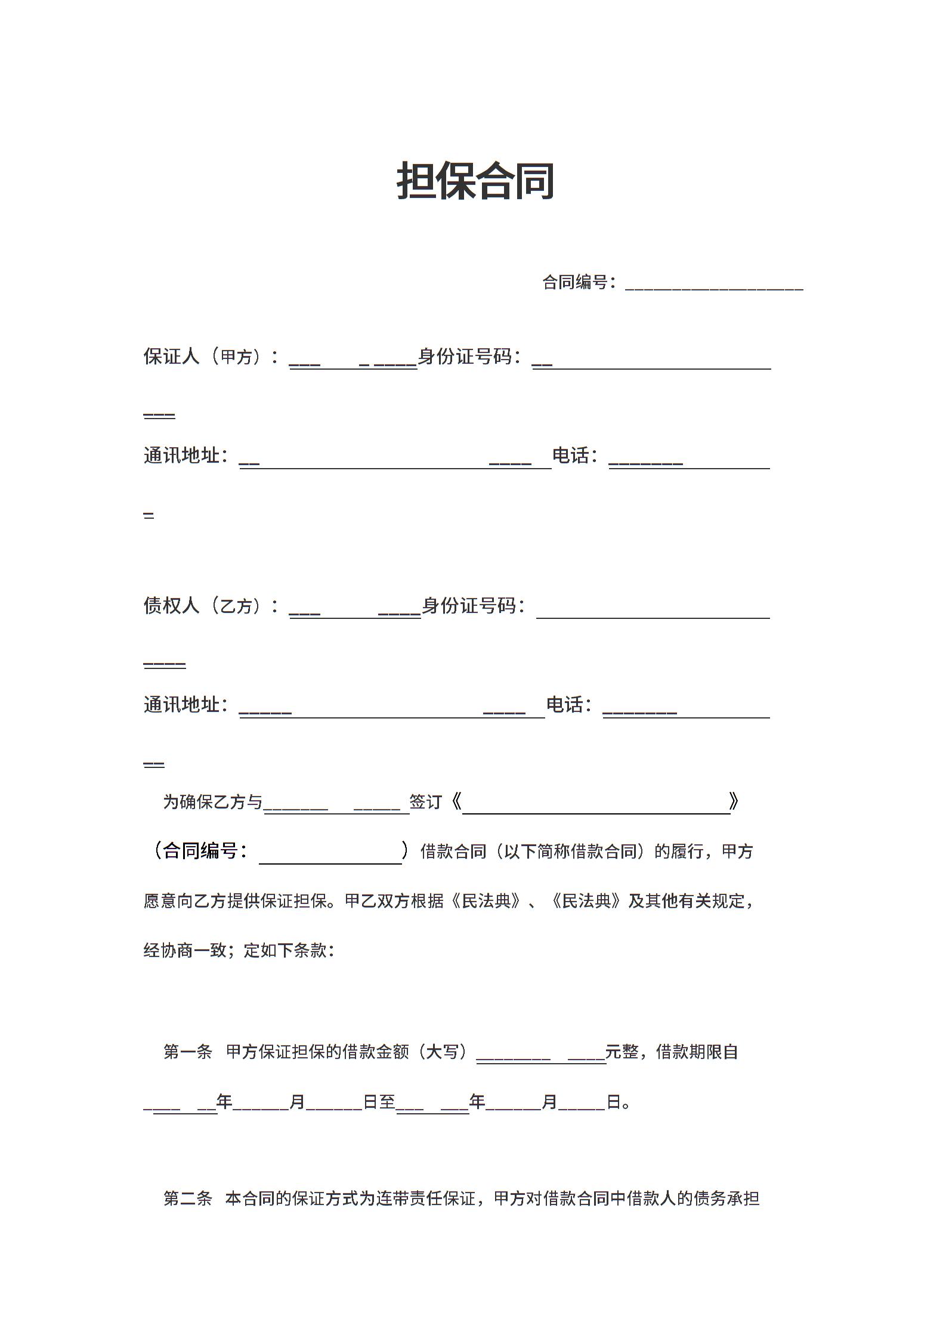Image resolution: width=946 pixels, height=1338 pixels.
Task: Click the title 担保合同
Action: (475, 181)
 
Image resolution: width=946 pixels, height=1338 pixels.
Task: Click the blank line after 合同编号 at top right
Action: (713, 284)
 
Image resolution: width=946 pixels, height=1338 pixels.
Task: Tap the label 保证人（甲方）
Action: (203, 357)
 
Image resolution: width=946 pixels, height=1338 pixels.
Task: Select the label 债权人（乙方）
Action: (203, 606)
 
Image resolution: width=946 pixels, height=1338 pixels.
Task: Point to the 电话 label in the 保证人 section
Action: (571, 456)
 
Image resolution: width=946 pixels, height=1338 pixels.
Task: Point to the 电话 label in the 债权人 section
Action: (565, 705)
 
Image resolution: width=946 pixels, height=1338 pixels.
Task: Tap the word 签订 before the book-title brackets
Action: (426, 802)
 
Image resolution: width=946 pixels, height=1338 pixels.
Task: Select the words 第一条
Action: (188, 1052)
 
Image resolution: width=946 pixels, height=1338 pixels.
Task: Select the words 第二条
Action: (188, 1198)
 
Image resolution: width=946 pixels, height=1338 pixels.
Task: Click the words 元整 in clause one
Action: (622, 1052)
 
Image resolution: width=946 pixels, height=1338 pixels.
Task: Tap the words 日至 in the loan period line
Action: (379, 1102)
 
